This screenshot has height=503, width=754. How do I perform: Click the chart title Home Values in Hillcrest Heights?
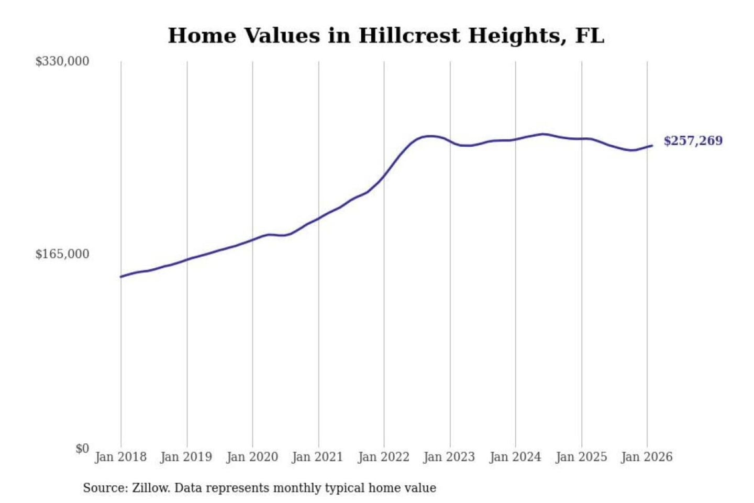(x=386, y=36)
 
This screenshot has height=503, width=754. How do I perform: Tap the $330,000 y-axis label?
(x=62, y=61)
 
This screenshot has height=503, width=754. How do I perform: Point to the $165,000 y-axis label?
(x=62, y=254)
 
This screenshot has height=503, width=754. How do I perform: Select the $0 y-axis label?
(x=82, y=449)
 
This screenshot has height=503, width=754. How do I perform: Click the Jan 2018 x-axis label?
(x=120, y=457)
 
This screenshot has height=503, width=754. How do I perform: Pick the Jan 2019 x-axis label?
(x=186, y=457)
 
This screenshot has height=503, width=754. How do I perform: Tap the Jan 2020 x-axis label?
(x=252, y=457)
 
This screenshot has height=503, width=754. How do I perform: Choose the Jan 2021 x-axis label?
(x=317, y=457)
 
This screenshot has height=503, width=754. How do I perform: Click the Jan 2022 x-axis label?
(x=383, y=457)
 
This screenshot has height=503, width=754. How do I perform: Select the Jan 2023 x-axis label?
(x=449, y=457)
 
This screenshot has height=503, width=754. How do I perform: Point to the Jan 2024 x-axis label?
(x=515, y=457)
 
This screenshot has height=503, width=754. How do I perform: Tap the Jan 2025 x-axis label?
(x=581, y=457)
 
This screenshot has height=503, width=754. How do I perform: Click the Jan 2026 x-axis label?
(x=647, y=457)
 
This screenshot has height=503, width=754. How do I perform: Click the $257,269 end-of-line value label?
(x=693, y=141)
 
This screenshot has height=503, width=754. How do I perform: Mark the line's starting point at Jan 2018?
(x=121, y=277)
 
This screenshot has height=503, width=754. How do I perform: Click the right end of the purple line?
(x=652, y=146)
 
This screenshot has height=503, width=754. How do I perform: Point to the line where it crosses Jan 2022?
(x=384, y=176)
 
